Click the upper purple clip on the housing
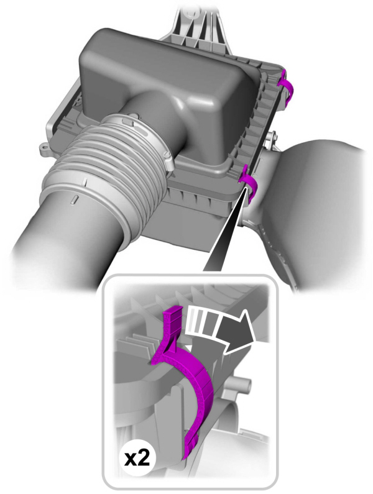click(287, 86)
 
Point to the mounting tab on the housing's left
click(45, 150)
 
